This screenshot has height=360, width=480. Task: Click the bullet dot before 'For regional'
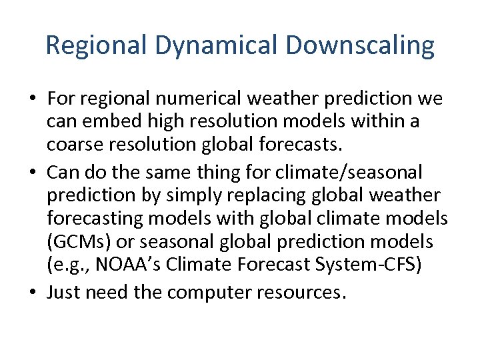[32, 99]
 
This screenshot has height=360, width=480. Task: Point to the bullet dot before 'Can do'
[32, 173]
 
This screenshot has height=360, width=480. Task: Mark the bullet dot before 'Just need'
[32, 292]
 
